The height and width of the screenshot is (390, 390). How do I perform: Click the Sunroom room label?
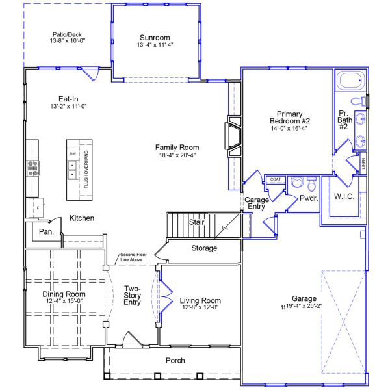tap(155, 37)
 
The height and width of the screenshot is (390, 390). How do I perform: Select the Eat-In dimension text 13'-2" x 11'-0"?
tap(68, 106)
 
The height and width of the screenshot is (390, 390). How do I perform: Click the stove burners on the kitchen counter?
tap(32, 169)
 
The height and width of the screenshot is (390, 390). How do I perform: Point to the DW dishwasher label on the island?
tap(73, 154)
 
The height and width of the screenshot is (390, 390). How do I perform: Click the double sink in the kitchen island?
tap(73, 170)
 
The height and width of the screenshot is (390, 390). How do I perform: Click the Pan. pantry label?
tap(45, 231)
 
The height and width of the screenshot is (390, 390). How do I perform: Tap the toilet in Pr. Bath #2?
tap(357, 101)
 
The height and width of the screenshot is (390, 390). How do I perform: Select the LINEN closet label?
tap(363, 164)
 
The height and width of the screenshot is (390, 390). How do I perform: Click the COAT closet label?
tap(275, 179)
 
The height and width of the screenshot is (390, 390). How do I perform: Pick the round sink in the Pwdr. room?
tap(298, 183)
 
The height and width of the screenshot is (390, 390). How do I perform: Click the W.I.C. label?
tap(344, 196)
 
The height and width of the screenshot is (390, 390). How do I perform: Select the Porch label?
tap(175, 360)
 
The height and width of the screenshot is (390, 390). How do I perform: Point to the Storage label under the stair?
tap(204, 248)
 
